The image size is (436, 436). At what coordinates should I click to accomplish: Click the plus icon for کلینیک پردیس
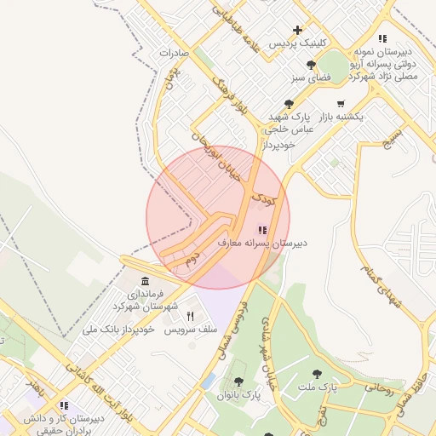click(x=297, y=30)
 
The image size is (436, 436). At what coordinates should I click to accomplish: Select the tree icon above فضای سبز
click(x=311, y=65)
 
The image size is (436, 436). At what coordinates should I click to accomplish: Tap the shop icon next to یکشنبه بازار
click(x=341, y=104)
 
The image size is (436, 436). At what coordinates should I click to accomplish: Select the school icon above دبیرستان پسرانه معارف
click(x=261, y=230)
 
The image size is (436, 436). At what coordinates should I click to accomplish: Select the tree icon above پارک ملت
click(x=318, y=374)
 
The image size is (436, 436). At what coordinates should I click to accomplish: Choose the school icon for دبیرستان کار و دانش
click(x=63, y=405)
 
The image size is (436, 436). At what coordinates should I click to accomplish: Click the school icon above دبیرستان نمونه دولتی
click(x=382, y=38)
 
